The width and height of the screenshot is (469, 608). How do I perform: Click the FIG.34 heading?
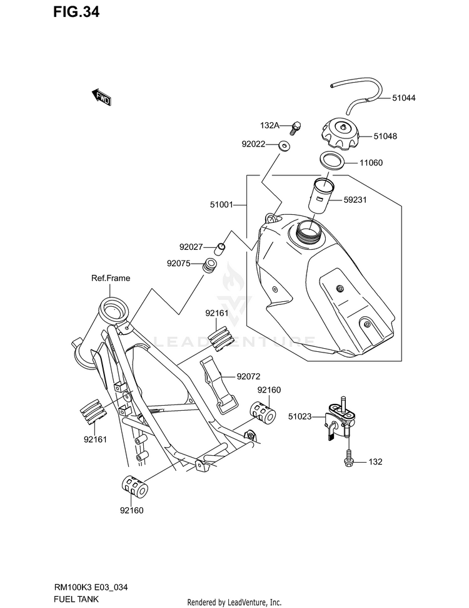pos(76,12)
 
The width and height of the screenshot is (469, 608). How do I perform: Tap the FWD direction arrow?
pos(101,97)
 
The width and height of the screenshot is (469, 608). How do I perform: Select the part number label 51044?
pos(403,98)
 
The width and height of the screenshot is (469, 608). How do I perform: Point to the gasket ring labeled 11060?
pos(331,160)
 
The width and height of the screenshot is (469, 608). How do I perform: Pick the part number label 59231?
pos(355,200)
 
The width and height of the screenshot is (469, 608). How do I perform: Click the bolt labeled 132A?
pos(296,128)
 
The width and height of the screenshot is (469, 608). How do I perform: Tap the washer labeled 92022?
pos(285,147)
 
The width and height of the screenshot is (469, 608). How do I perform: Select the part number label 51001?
pos(221,204)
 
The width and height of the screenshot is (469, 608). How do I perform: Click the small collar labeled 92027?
pos(220,247)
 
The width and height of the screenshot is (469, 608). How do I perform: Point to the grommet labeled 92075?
pos(210,265)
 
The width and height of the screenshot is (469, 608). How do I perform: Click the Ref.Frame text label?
pos(111,278)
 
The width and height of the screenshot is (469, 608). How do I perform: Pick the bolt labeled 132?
pos(348,458)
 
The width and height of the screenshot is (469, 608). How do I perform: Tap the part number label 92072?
pos(248,376)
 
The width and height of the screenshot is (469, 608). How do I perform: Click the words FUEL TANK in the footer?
pos(76,599)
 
